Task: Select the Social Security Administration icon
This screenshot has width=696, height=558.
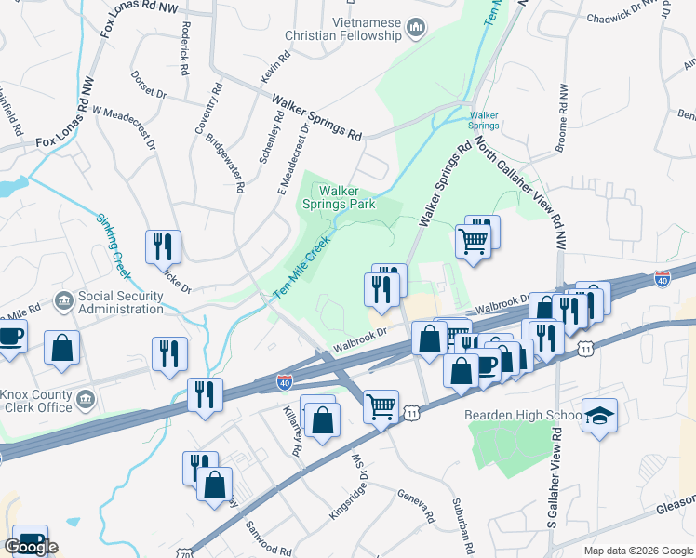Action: [64, 300]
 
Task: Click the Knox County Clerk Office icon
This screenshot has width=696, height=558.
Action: [86, 399]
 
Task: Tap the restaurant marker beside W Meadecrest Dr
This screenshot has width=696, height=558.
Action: [164, 246]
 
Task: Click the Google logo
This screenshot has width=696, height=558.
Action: [31, 547]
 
